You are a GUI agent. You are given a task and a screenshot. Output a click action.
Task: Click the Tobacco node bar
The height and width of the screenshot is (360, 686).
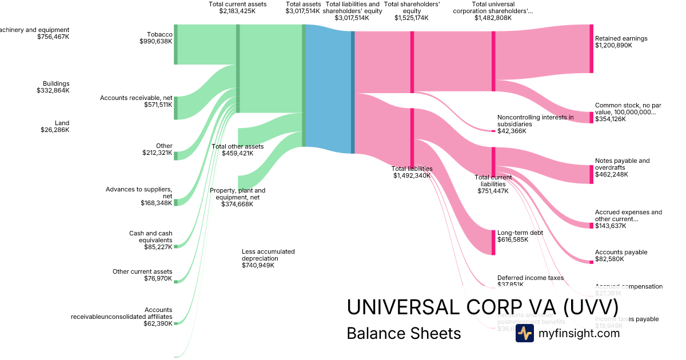point(176,44)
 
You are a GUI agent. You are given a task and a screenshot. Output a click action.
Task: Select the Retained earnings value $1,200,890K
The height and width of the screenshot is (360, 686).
point(613,45)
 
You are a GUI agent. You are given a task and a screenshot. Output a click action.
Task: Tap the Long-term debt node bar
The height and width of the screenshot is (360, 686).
point(493,242)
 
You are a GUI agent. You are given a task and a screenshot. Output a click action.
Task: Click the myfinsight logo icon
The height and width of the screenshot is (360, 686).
point(524,334)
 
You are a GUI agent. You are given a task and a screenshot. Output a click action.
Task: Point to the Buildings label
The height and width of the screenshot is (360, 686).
point(56,83)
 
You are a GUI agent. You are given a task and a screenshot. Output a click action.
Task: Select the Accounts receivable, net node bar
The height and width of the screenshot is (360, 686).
point(176,107)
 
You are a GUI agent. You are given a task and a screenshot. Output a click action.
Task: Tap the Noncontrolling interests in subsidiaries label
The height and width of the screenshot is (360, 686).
point(535,121)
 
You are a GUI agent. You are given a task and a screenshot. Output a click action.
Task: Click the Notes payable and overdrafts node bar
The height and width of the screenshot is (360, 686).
point(591,174)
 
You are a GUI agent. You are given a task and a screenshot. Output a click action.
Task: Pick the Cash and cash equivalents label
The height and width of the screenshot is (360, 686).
point(150,237)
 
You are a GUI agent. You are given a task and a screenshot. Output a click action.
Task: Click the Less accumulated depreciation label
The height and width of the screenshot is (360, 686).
point(268,255)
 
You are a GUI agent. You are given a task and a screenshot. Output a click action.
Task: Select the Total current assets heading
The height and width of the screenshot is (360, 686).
point(237,4)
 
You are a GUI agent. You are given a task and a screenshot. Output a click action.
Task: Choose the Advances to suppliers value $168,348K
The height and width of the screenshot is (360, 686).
point(157,203)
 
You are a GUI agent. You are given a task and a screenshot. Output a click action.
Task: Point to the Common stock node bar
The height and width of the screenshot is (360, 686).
point(591,117)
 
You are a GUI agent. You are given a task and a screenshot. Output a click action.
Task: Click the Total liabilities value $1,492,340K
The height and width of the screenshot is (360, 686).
point(412,175)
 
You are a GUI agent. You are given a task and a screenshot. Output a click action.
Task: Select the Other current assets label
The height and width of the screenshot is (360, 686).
point(142,272)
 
